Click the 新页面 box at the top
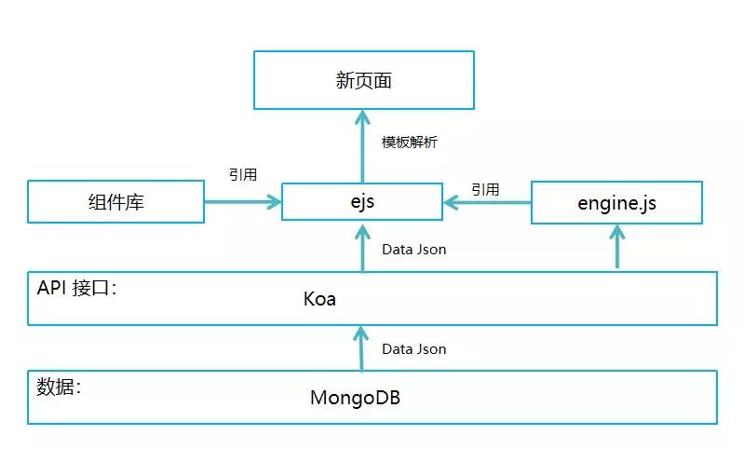point(363,81)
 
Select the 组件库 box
point(115,202)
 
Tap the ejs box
point(362,201)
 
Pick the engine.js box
point(616,202)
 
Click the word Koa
point(319,300)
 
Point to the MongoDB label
point(355,398)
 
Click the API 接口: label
point(77,289)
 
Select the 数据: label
point(59,387)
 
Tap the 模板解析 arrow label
point(410,143)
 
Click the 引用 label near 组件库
point(243,174)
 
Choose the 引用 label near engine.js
point(485,189)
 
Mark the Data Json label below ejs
point(414,249)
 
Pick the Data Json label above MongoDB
point(414,348)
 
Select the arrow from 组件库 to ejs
point(243,201)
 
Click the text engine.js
point(616,202)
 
